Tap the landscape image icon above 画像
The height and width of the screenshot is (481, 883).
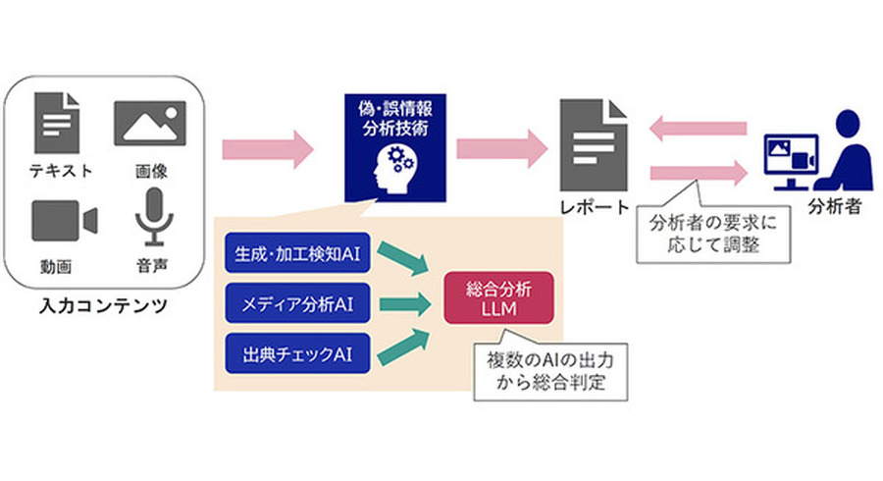tap(150, 124)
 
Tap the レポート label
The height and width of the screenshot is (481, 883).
tap(593, 208)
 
